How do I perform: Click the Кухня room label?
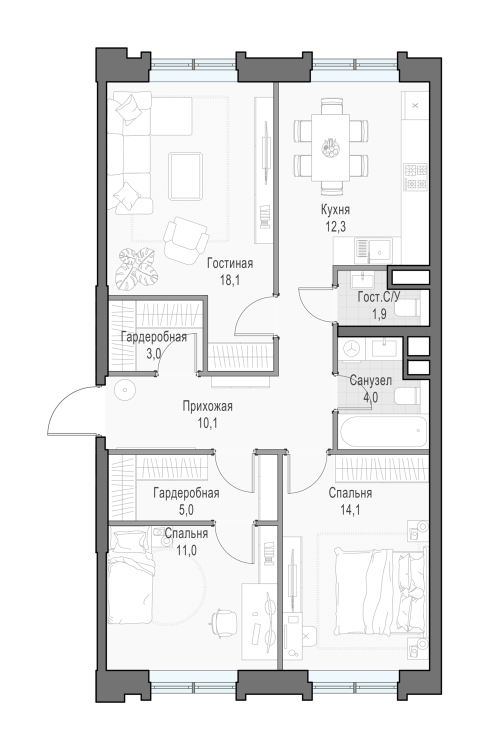pos(335,210)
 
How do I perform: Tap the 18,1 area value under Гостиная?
pos(230,280)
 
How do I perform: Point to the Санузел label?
pos(370,380)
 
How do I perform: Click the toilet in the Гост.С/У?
pos(407,307)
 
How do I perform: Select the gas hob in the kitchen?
pos(415,177)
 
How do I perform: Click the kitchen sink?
pos(373,251)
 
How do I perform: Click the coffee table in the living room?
pos(186,176)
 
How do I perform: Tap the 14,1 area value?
pos(349,510)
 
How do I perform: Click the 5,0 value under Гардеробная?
pos(186,510)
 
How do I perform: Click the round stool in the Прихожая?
pos(124,390)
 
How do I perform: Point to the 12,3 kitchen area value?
pos(335,227)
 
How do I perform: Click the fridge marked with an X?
pos(415,105)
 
